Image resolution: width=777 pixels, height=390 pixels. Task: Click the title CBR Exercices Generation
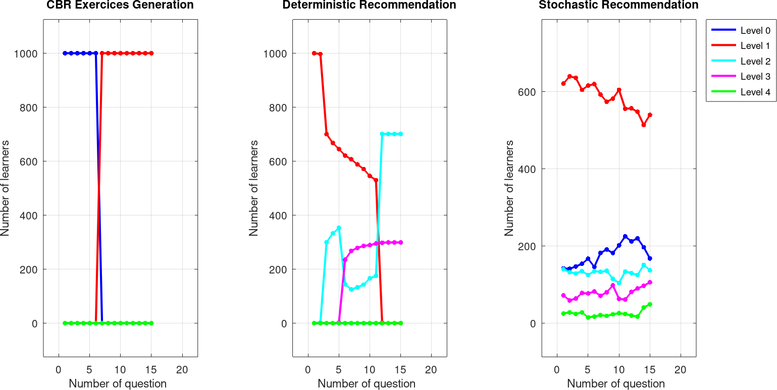[x=120, y=6]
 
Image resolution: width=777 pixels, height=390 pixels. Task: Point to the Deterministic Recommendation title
[x=369, y=6]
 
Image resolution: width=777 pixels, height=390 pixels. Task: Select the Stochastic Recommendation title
[x=618, y=6]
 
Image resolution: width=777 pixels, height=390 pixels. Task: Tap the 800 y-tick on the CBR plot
[x=28, y=107]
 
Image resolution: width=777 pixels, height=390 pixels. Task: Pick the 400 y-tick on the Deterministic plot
[x=277, y=215]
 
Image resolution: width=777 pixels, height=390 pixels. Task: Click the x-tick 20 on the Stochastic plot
[x=681, y=369]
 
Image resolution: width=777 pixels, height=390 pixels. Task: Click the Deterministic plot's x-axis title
[x=367, y=383]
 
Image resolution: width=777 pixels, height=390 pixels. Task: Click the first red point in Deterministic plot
[x=314, y=53]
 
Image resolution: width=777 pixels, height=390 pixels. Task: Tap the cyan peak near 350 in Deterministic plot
[x=339, y=228]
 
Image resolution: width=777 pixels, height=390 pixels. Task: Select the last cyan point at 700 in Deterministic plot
[x=400, y=134]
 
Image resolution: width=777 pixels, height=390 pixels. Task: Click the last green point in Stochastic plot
[x=650, y=304]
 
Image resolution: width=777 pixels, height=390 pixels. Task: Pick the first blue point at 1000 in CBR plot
[x=65, y=53]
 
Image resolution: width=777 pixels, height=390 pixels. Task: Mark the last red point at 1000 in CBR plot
[x=151, y=53]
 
